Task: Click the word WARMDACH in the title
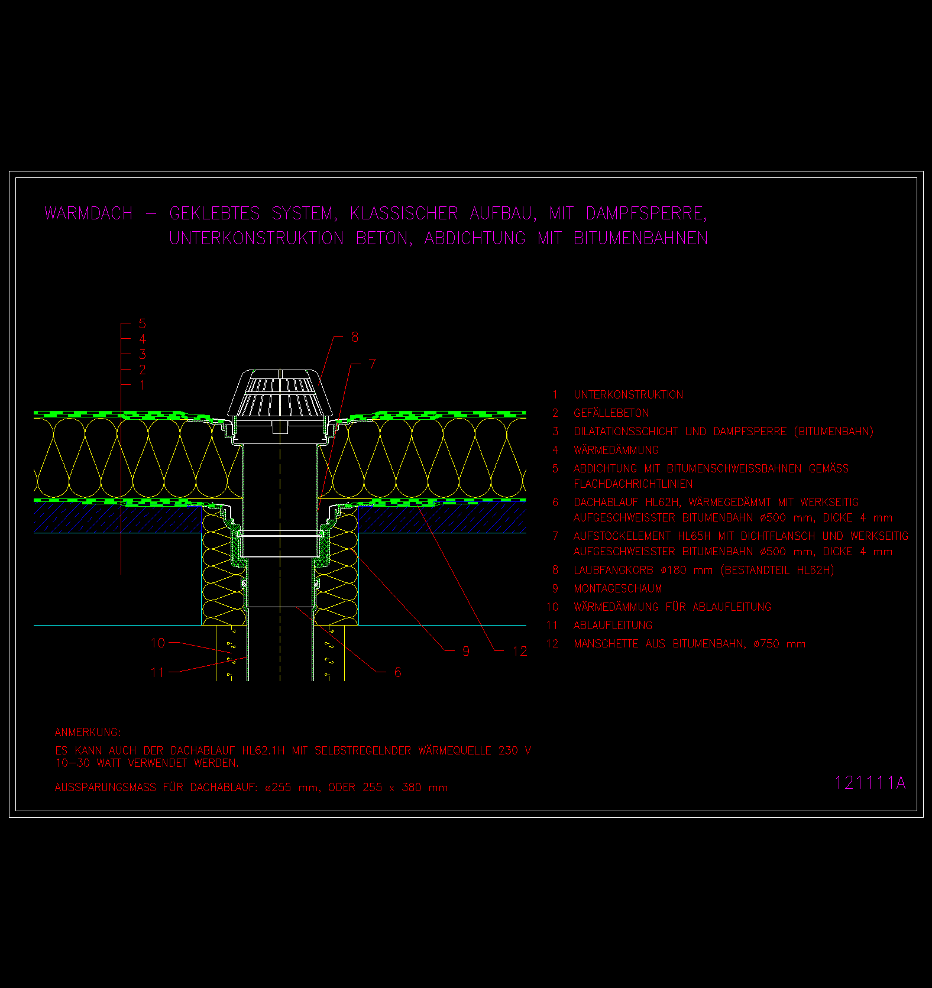89,213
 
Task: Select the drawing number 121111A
870,783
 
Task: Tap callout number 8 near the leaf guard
355,337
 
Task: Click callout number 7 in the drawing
372,364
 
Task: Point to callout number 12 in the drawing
520,652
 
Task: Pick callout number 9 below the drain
466,652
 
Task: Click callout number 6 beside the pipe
397,672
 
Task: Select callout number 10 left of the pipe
158,643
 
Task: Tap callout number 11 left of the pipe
157,672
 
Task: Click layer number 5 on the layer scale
142,324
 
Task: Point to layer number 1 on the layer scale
142,385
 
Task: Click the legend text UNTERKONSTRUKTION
628,395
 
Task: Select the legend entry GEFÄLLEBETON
611,413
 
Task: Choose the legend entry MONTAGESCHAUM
617,588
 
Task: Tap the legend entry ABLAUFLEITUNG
613,625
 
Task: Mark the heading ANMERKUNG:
88,733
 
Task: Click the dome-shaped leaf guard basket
280,393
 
